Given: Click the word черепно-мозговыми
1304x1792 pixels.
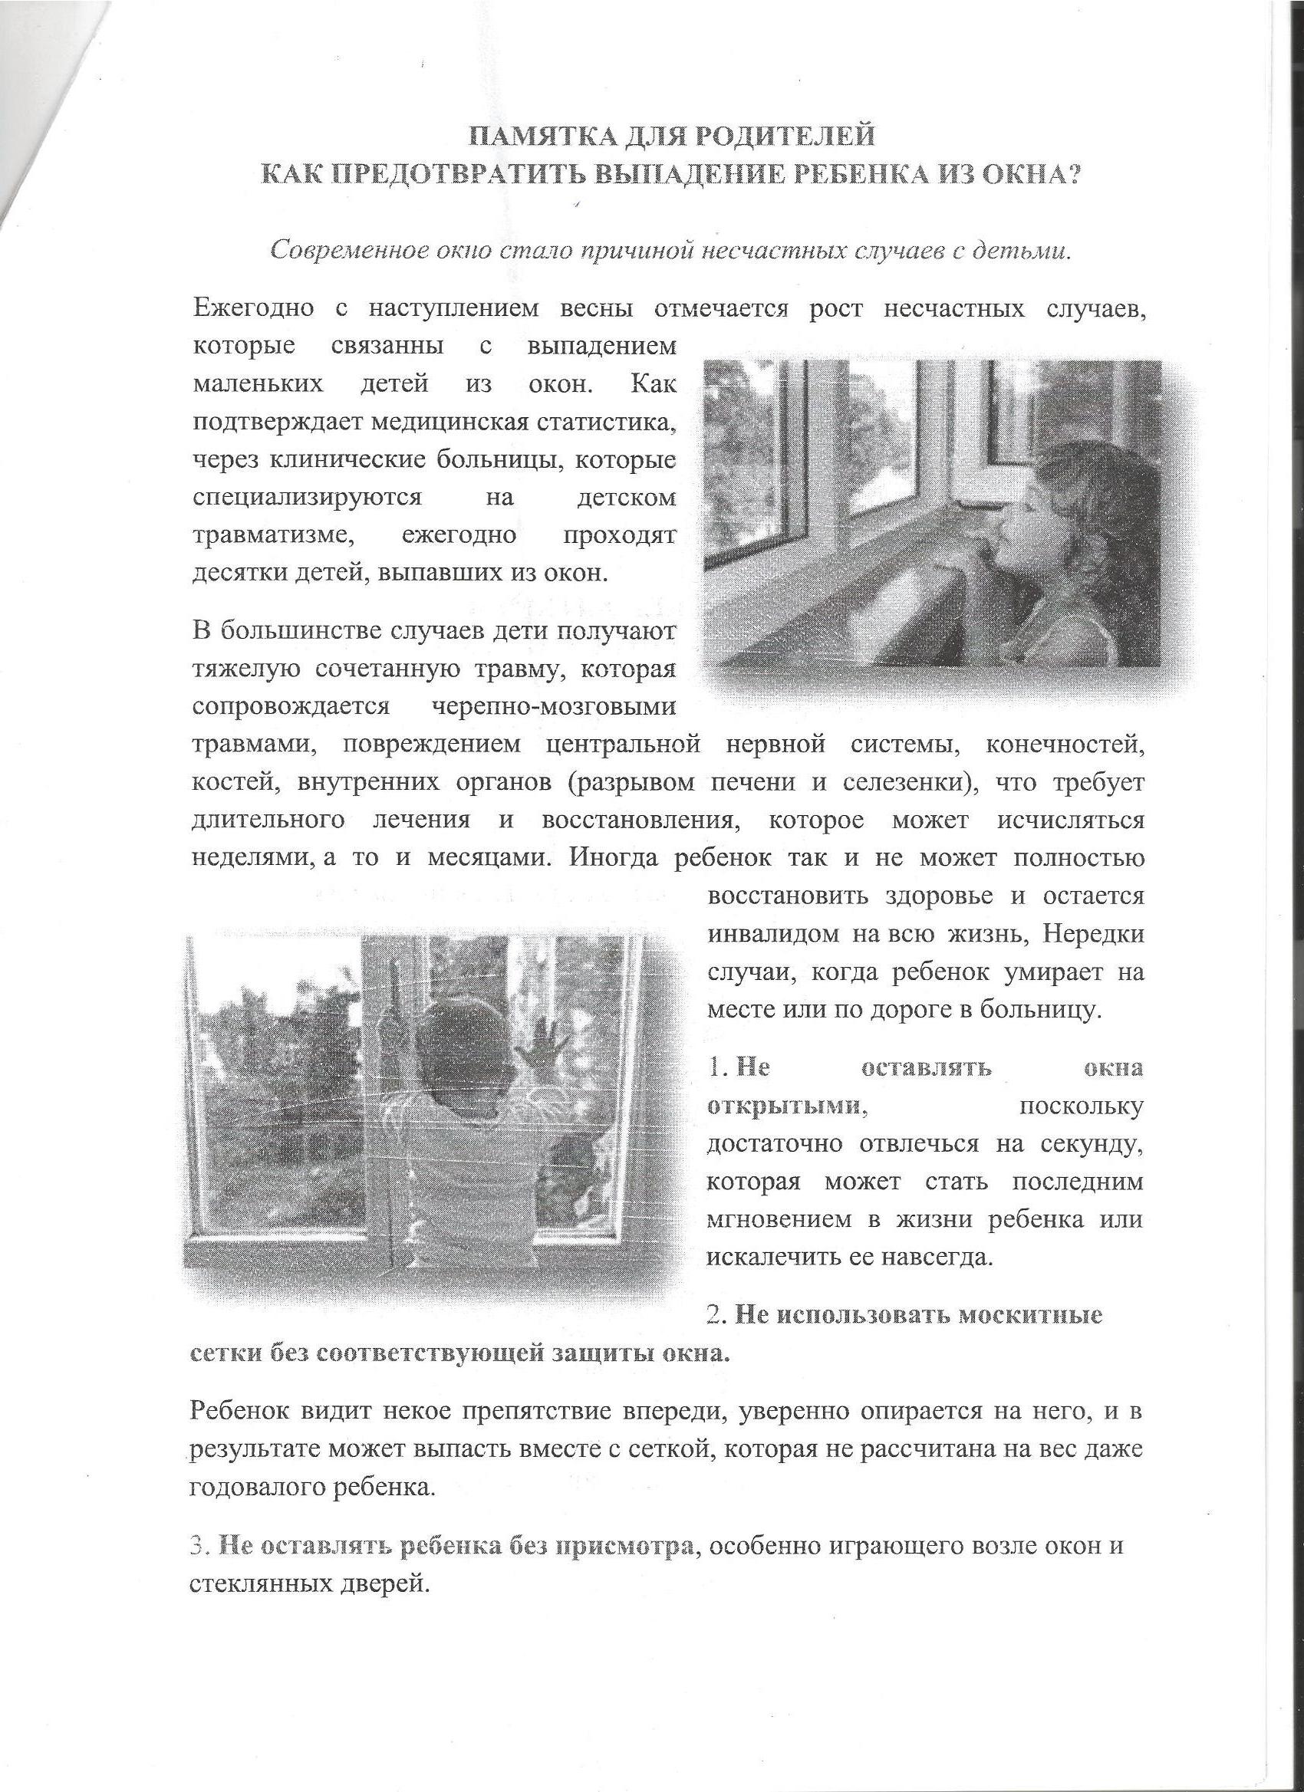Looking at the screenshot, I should (555, 705).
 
